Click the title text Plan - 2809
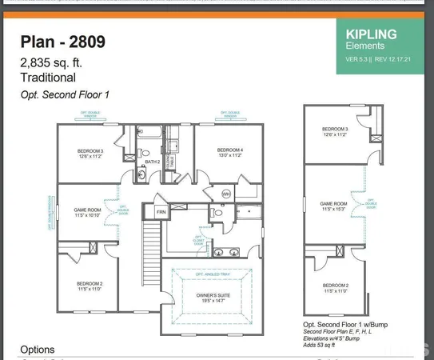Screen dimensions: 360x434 pos(62,42)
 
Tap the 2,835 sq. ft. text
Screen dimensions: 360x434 pos(51,62)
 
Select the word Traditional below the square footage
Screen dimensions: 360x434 pos(48,78)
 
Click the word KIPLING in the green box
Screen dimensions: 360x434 pos(371,34)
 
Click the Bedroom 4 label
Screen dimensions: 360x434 pos(229,152)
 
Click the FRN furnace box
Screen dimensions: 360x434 pos(161,212)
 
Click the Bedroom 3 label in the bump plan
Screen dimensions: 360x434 pos(335,131)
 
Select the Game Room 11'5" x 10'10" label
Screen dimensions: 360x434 pos(87,212)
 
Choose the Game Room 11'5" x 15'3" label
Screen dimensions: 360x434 pos(333,206)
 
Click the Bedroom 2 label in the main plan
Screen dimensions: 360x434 pos(90,286)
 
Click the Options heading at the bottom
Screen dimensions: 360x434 pos(38,350)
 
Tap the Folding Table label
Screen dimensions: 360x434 pos(170,150)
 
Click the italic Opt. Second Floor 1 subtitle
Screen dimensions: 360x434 pos(65,95)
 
